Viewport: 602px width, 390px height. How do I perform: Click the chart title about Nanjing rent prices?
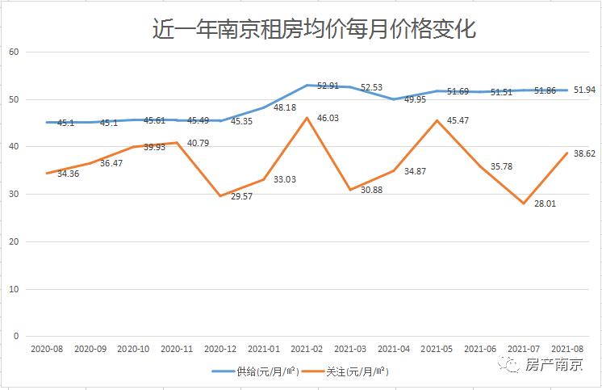click(x=315, y=30)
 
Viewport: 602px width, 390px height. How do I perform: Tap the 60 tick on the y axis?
click(x=14, y=52)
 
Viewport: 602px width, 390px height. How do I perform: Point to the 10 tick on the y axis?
click(x=14, y=289)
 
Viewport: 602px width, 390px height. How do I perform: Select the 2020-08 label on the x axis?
click(x=46, y=349)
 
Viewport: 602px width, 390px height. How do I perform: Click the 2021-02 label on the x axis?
click(x=307, y=349)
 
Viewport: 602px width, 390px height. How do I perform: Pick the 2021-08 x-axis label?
click(x=567, y=349)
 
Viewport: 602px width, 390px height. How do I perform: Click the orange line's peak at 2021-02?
click(x=307, y=118)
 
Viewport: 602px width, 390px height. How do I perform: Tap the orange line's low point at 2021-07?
click(x=524, y=203)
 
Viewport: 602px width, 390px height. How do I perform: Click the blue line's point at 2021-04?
click(x=394, y=99)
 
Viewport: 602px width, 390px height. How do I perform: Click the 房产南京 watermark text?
click(x=554, y=364)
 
